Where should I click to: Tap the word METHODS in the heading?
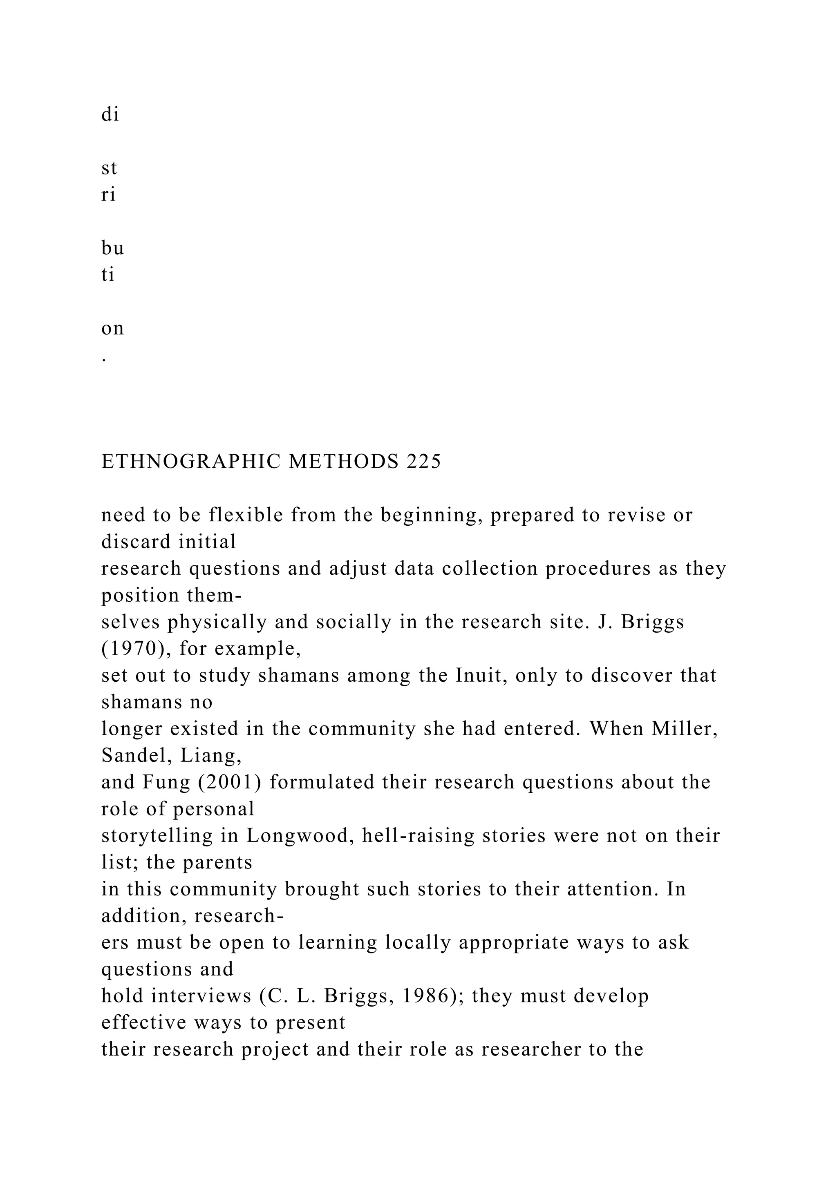click(x=343, y=462)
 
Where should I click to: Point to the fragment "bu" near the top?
click(x=112, y=248)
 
